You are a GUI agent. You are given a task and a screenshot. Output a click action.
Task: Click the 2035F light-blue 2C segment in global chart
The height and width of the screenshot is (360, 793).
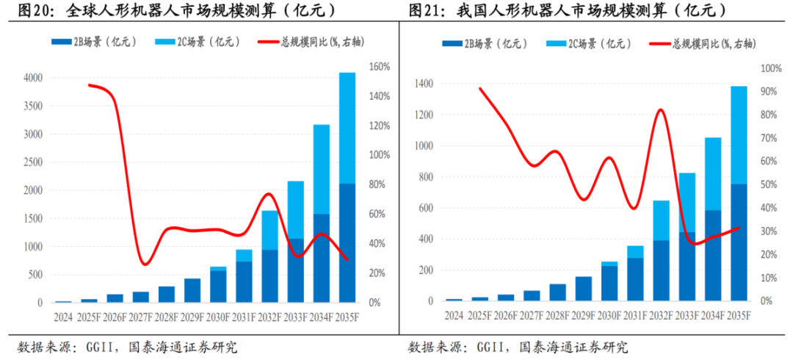point(347,128)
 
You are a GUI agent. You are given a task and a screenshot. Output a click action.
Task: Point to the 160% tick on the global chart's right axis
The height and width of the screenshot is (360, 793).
point(379,67)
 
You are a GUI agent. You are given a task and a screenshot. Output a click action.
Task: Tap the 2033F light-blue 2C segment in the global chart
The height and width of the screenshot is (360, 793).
point(295,209)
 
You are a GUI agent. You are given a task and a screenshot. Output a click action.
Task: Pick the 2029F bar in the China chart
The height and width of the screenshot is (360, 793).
point(584,289)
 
